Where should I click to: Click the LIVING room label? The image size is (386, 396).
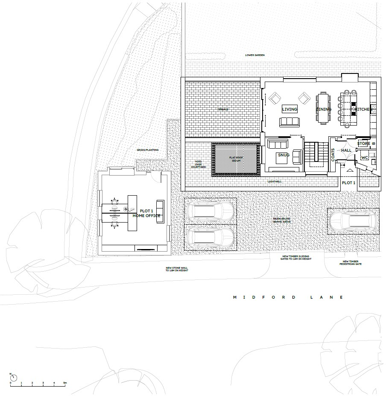289,109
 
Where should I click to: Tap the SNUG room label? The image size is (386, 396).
284,155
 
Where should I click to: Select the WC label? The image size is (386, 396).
364,158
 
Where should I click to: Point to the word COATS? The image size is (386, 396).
333,154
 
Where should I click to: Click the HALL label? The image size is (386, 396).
346,150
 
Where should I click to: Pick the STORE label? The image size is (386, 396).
364,144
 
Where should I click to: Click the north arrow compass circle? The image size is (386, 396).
14,378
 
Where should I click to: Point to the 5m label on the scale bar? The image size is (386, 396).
65,382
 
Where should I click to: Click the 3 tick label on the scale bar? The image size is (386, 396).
43,382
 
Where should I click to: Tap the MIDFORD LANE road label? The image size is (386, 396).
288,297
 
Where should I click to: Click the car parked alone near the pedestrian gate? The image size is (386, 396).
353,221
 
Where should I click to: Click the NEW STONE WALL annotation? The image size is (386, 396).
177,270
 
